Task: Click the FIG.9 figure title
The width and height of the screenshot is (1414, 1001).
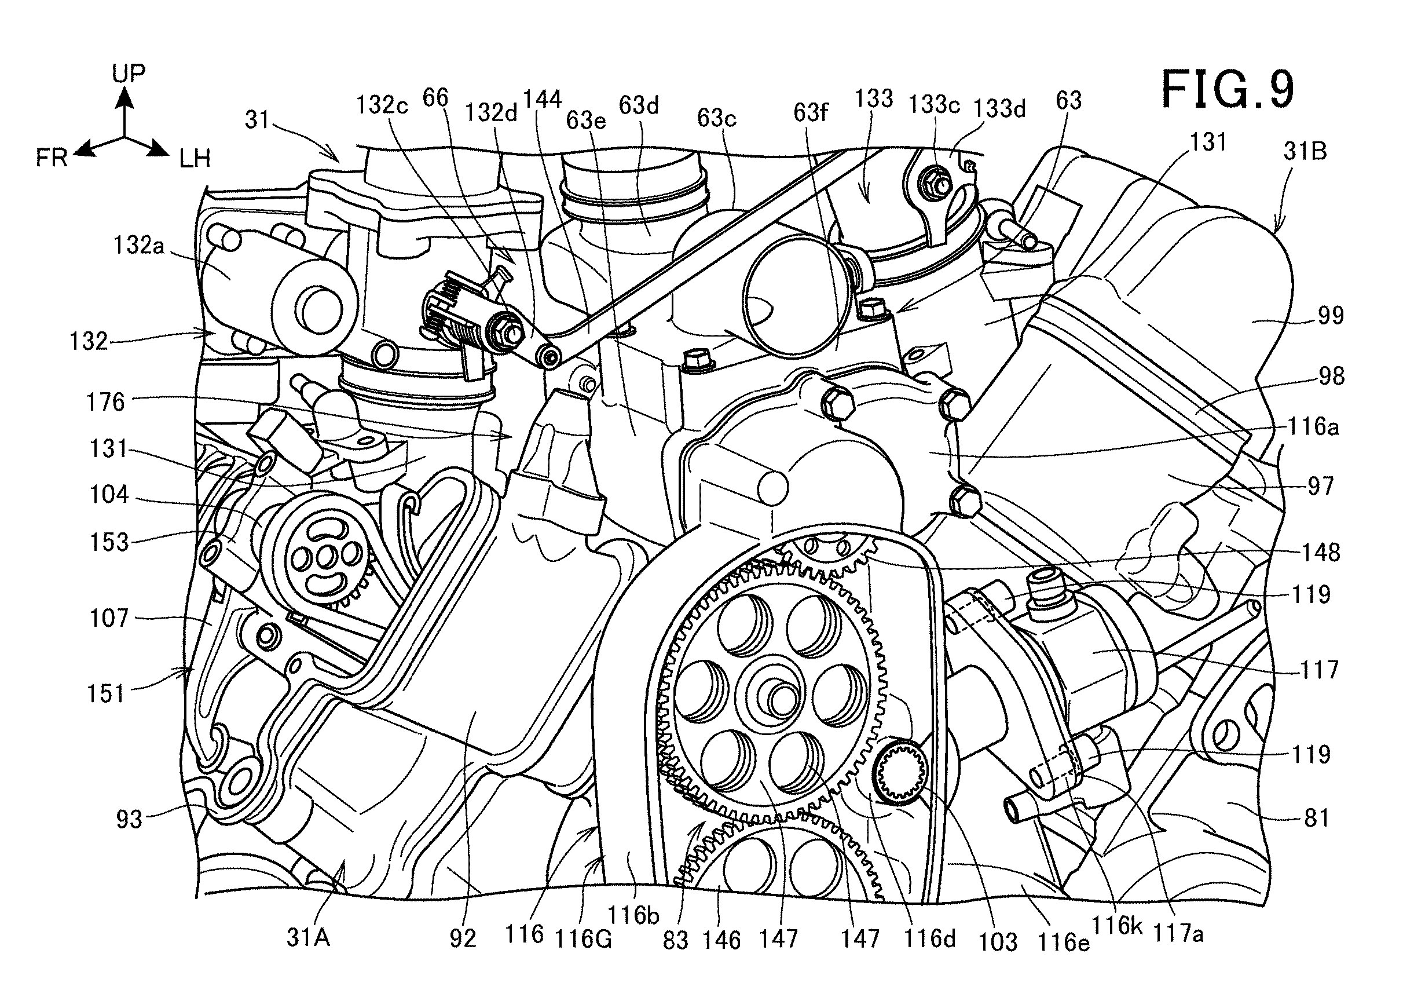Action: (x=1228, y=89)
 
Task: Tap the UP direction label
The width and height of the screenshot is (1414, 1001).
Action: (x=128, y=73)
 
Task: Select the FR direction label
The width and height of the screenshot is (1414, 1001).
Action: (x=51, y=158)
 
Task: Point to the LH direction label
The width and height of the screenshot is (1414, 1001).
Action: (x=195, y=159)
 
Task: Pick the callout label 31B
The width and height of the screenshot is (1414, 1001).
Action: (x=1305, y=151)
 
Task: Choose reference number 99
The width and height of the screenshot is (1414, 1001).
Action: (x=1330, y=315)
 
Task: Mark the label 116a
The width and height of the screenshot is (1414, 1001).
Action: (x=1313, y=426)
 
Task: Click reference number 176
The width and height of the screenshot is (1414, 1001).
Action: (x=105, y=402)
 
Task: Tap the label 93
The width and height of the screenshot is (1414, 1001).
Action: (x=129, y=819)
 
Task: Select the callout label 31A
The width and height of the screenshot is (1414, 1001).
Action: (x=308, y=937)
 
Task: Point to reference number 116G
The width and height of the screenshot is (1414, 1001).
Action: (x=583, y=939)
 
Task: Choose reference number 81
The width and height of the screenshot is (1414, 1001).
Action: (x=1317, y=818)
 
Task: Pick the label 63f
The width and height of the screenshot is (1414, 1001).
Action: (x=809, y=113)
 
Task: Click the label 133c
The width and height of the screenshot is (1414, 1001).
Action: (x=934, y=105)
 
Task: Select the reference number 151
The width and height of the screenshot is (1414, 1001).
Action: (x=105, y=694)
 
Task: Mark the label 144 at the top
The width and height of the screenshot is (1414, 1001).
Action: (x=541, y=98)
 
